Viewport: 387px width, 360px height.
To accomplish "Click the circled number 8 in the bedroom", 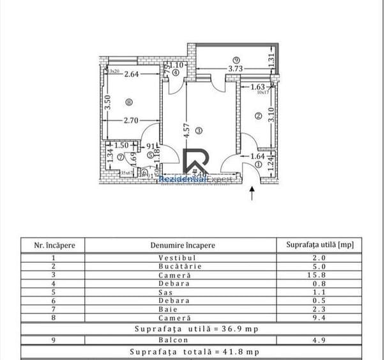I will [130, 101].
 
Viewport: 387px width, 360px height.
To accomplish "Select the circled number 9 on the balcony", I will [236, 60].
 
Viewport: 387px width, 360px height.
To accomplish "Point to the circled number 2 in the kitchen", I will [257, 116].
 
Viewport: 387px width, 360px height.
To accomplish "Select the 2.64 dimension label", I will [131, 74].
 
